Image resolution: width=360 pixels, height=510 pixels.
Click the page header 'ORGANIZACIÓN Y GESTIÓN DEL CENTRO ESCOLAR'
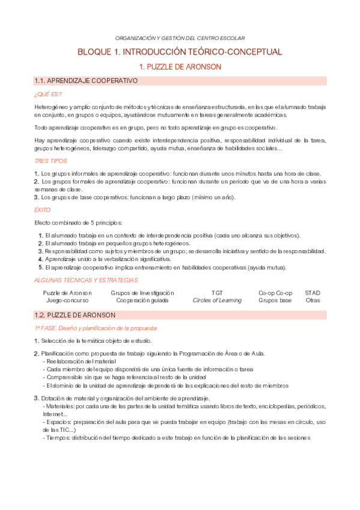180,37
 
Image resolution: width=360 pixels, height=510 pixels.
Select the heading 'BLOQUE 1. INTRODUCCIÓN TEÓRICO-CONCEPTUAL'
180,52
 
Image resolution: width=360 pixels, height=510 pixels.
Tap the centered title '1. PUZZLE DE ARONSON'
180,67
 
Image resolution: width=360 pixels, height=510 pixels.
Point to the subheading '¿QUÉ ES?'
47,94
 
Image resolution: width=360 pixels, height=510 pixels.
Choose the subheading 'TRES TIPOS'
50,161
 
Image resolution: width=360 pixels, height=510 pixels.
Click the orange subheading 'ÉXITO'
43,210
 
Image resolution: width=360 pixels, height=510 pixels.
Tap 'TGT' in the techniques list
217,293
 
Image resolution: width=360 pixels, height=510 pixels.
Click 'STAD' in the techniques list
313,293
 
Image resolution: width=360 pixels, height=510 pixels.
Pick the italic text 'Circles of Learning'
217,300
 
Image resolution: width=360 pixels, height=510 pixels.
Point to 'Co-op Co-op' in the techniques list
275,293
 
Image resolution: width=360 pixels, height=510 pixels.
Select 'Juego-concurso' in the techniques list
67,300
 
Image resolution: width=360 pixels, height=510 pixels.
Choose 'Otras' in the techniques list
313,300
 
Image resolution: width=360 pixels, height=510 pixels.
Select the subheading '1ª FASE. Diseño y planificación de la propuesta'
96,328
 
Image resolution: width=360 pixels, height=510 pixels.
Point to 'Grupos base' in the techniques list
275,300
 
